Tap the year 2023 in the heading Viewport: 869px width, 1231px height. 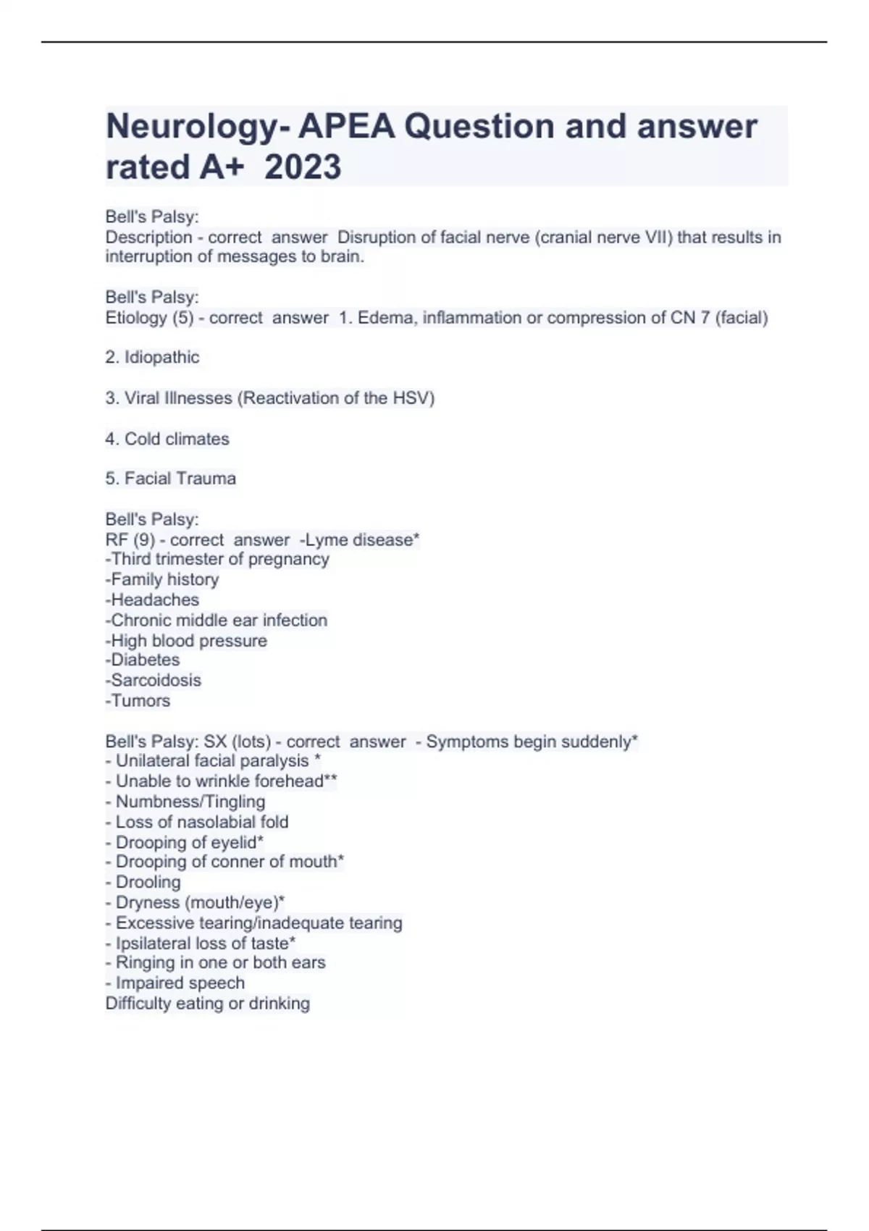tap(303, 167)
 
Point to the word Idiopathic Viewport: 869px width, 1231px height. tap(161, 357)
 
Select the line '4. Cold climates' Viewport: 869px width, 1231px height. tap(167, 439)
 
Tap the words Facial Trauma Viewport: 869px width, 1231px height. tap(180, 479)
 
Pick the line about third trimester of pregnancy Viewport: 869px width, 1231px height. tap(217, 559)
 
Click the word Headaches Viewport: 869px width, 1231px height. tap(154, 600)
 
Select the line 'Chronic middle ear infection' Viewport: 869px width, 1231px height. tap(217, 621)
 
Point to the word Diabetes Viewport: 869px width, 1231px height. tap(145, 660)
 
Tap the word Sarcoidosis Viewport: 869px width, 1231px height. tap(156, 681)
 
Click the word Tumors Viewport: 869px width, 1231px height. tap(140, 701)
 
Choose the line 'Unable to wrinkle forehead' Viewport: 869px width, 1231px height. tap(221, 781)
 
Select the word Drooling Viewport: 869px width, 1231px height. tap(148, 883)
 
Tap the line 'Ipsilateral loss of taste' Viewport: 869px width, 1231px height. tap(201, 944)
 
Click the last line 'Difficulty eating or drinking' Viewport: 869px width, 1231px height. tap(208, 1004)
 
